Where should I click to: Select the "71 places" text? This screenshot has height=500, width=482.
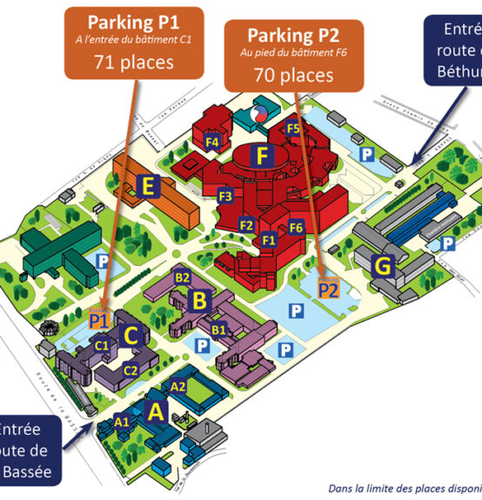[134, 62]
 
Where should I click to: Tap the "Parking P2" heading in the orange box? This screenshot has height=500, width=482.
[279, 36]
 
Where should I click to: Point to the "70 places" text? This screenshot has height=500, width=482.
[279, 76]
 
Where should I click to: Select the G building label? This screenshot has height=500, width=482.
[381, 266]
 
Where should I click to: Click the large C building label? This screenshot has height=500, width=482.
[132, 335]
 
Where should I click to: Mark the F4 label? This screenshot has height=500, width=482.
[211, 141]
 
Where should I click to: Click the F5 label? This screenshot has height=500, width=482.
[294, 129]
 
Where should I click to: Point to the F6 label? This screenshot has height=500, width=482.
[296, 228]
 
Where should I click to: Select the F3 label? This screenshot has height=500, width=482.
[225, 197]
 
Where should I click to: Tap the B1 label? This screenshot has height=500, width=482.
[219, 330]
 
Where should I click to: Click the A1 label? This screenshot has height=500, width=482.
[123, 422]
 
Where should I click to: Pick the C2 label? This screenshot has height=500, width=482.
[131, 370]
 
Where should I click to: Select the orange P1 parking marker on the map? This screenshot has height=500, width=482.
[98, 321]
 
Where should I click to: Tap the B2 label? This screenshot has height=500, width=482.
[183, 277]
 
